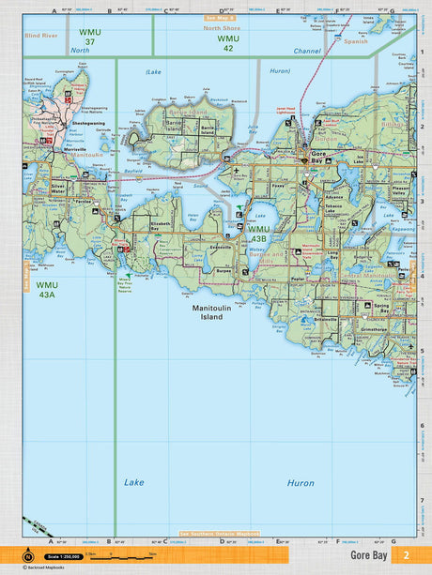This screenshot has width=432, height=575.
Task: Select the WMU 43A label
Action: click(47, 289)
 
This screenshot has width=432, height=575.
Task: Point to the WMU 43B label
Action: click(259, 235)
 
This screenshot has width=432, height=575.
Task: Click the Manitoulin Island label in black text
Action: click(208, 313)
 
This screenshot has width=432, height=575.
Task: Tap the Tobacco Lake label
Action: click(335, 211)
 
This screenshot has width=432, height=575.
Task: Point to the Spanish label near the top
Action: click(356, 42)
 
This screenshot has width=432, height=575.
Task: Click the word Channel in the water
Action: click(307, 51)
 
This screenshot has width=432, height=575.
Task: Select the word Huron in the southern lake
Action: click(301, 482)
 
